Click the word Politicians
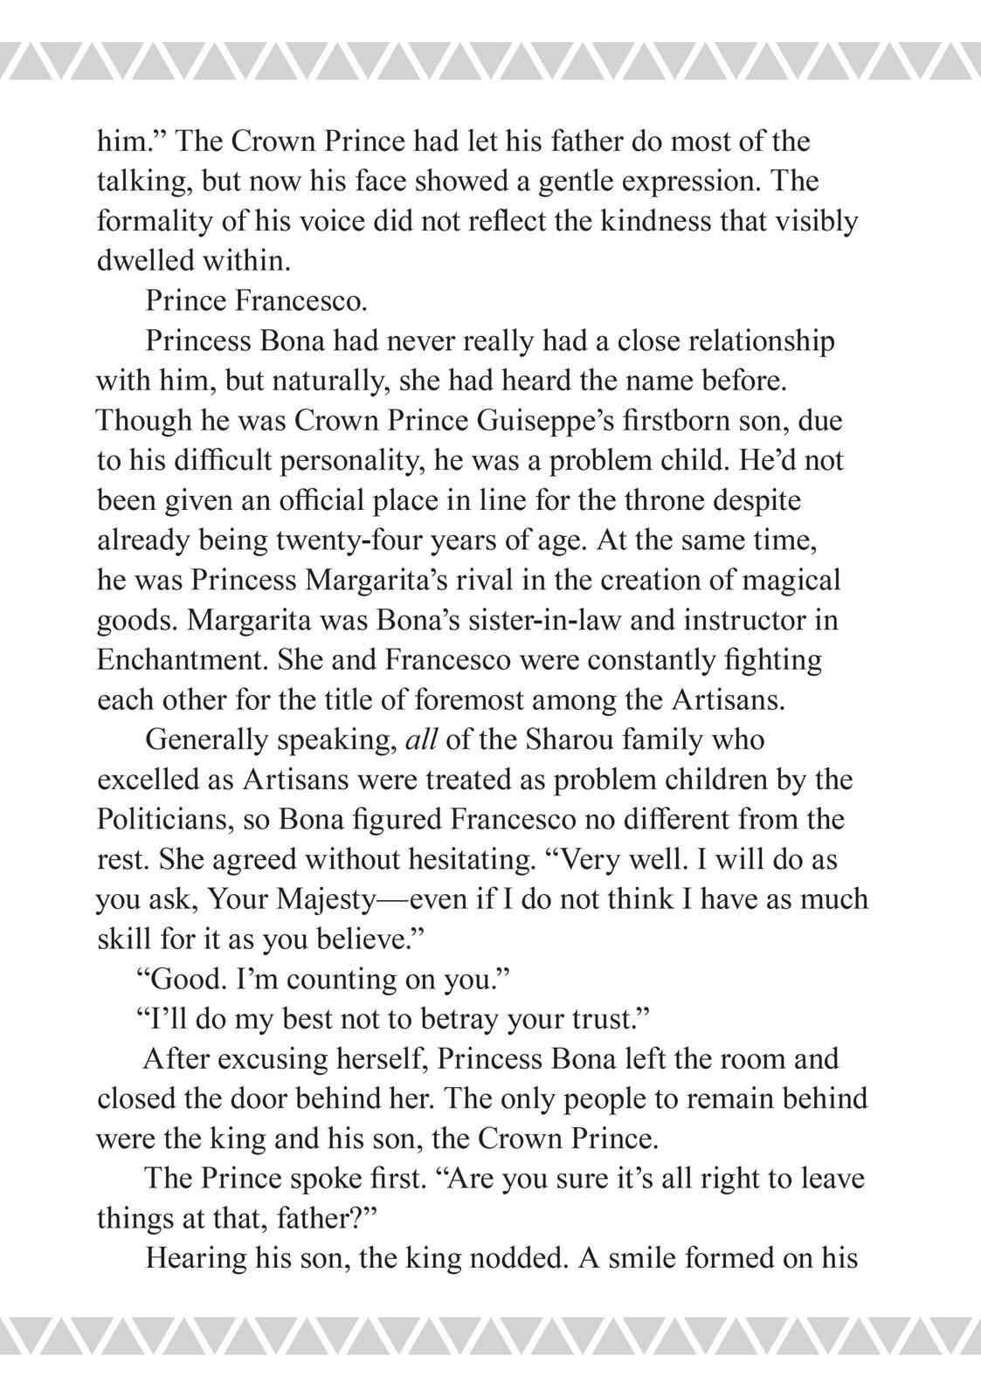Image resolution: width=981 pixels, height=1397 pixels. (x=160, y=820)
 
